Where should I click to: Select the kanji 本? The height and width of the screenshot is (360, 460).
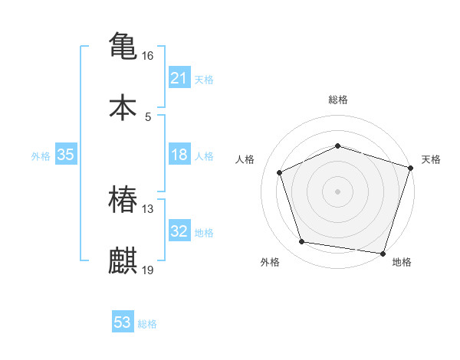tap(123, 108)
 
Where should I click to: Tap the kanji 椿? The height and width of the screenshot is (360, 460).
tap(123, 201)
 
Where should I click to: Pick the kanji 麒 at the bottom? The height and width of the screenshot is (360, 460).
tap(123, 261)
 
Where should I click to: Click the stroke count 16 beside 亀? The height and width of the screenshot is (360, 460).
tap(148, 56)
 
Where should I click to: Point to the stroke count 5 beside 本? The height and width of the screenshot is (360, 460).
tap(148, 117)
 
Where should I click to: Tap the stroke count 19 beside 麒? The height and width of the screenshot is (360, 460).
tap(148, 270)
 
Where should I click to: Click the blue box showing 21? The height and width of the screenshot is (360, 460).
tap(179, 77)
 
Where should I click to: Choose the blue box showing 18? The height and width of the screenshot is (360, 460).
tap(179, 155)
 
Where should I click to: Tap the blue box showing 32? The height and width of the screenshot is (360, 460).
tap(179, 231)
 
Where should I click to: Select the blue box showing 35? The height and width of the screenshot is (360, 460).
tap(66, 155)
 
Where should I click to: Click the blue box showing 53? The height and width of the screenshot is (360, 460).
tap(123, 322)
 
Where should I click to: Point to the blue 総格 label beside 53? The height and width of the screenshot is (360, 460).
tap(147, 324)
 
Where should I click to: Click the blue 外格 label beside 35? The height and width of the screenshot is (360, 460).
tap(41, 155)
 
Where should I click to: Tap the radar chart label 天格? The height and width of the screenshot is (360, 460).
tap(431, 159)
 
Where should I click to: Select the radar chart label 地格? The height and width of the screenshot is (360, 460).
tap(402, 262)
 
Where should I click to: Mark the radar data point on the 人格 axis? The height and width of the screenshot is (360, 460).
tap(280, 172)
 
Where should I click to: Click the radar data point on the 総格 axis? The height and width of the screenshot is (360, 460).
tap(337, 146)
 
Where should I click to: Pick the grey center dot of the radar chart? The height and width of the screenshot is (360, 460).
tap(337, 191)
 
